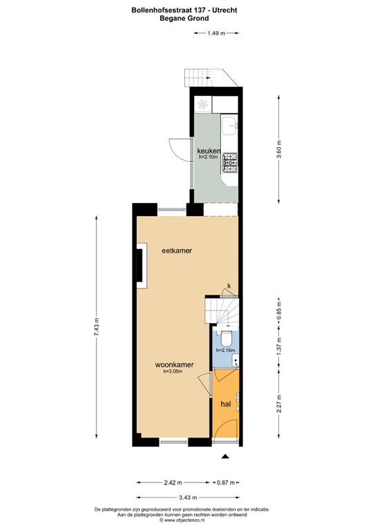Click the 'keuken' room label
pos(209,150)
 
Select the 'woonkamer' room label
pos(173,364)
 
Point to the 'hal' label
pos(225,404)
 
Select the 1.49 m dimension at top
pos(216,32)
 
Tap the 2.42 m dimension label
pos(173,482)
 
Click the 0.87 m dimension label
pos(226,482)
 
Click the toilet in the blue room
pos(224,340)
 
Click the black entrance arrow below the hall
pos(225,455)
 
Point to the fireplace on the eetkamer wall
pos(140,264)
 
